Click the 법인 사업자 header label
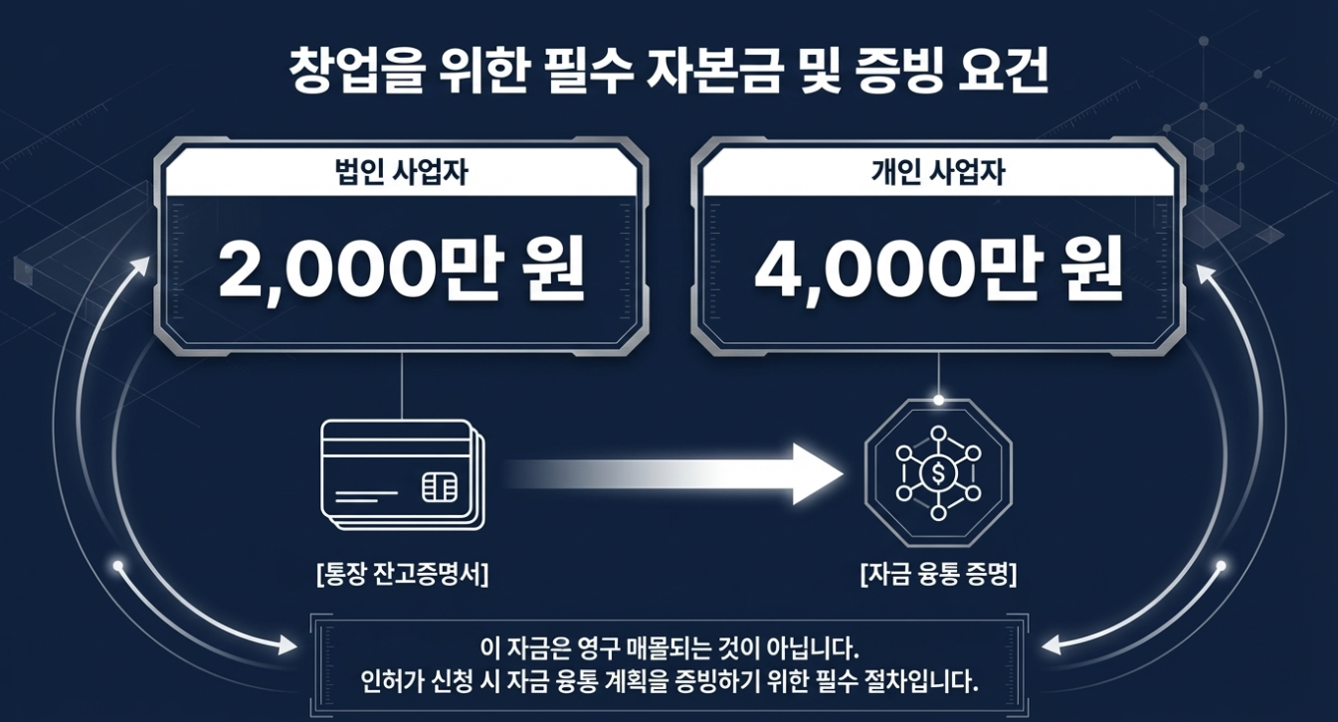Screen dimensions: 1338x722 (x=402, y=174)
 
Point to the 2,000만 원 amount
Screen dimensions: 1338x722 (x=402, y=270)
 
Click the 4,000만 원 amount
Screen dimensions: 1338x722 (x=939, y=270)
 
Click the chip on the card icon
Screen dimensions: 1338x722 (x=440, y=486)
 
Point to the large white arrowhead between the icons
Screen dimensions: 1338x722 (x=816, y=474)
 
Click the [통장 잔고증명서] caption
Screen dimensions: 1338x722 (x=401, y=575)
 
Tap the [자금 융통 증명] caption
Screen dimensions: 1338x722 (x=938, y=575)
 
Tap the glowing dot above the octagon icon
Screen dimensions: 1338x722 (x=938, y=400)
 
